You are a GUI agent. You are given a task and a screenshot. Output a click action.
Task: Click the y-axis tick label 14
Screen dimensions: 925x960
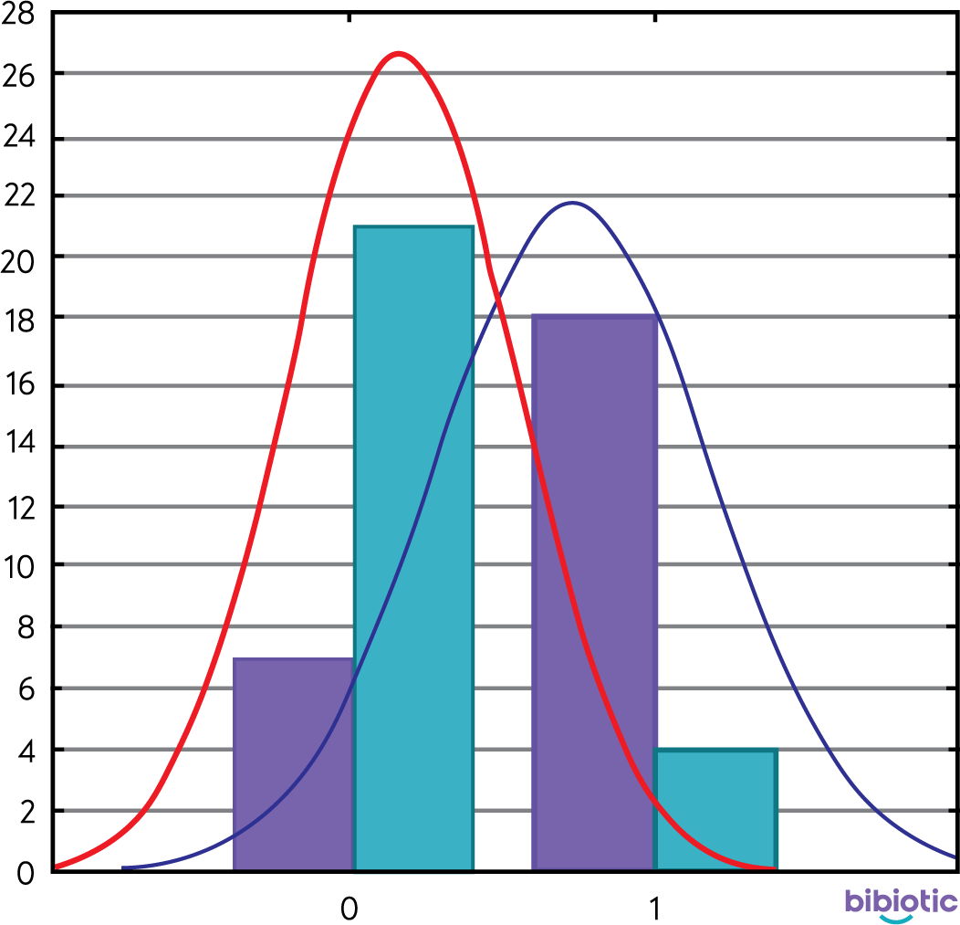(x=19, y=447)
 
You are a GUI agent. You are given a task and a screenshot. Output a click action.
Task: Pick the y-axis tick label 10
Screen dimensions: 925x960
(x=19, y=566)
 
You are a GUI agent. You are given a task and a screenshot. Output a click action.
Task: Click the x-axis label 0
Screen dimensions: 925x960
(x=348, y=907)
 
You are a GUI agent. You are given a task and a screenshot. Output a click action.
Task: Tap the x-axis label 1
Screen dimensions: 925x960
(x=653, y=907)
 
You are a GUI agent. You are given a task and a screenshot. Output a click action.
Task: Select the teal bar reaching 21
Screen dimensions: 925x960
(x=413, y=548)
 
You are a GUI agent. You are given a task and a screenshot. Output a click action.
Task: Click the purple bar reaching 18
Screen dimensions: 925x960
(x=594, y=594)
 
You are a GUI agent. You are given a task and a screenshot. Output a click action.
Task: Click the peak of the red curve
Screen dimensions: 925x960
(x=399, y=54)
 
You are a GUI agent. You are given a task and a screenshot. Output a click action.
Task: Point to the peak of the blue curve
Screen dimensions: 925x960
(x=572, y=203)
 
